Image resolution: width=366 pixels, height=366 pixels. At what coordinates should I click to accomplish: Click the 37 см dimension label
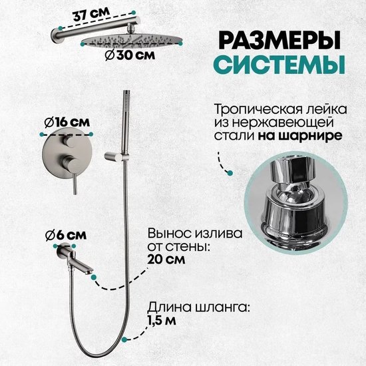(x=91, y=15)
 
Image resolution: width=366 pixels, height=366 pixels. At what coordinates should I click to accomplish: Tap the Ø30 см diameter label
(x=130, y=55)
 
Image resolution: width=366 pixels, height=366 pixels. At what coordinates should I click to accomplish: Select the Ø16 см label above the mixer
(x=67, y=122)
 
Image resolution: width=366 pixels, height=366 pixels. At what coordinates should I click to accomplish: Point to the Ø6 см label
(x=66, y=236)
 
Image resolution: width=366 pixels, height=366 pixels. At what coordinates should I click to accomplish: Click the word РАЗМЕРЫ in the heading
(x=279, y=41)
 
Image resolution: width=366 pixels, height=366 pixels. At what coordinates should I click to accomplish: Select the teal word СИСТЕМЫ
(x=279, y=65)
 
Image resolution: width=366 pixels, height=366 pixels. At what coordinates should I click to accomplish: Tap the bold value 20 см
(x=166, y=260)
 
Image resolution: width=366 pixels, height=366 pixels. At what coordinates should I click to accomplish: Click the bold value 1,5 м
(x=162, y=321)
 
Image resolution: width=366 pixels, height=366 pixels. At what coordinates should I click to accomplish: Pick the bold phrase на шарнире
(x=300, y=135)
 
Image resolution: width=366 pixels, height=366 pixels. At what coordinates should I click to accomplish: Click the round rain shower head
(x=131, y=41)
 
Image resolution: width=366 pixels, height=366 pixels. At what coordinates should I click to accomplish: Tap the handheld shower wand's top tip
(x=126, y=91)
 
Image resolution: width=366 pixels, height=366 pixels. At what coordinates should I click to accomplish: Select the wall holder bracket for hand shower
(x=116, y=156)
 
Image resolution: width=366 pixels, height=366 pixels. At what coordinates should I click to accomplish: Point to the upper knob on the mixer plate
(x=69, y=142)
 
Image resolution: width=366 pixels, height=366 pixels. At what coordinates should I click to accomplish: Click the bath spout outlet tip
(x=89, y=272)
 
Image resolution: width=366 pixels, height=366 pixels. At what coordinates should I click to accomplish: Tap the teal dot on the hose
(x=124, y=339)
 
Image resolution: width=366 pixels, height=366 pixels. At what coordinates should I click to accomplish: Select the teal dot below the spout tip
(x=94, y=277)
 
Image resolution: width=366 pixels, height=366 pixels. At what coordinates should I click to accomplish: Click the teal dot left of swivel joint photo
(x=230, y=173)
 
